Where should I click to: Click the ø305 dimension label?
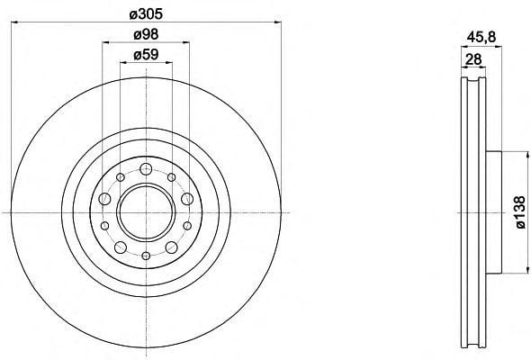pyautogui.click(x=146, y=13)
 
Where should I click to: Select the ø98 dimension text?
pyautogui.click(x=146, y=34)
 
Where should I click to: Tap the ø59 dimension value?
pyautogui.click(x=146, y=55)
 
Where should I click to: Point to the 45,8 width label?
pyautogui.click(x=481, y=37)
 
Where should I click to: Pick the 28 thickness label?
pyautogui.click(x=473, y=59)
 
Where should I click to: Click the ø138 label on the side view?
pyautogui.click(x=520, y=212)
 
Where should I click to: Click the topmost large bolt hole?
pyautogui.click(x=146, y=169)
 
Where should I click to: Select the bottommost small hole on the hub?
pyautogui.click(x=146, y=256)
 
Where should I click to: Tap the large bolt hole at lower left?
pyautogui.click(x=121, y=247)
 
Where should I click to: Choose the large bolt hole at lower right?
pyautogui.click(x=171, y=247)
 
